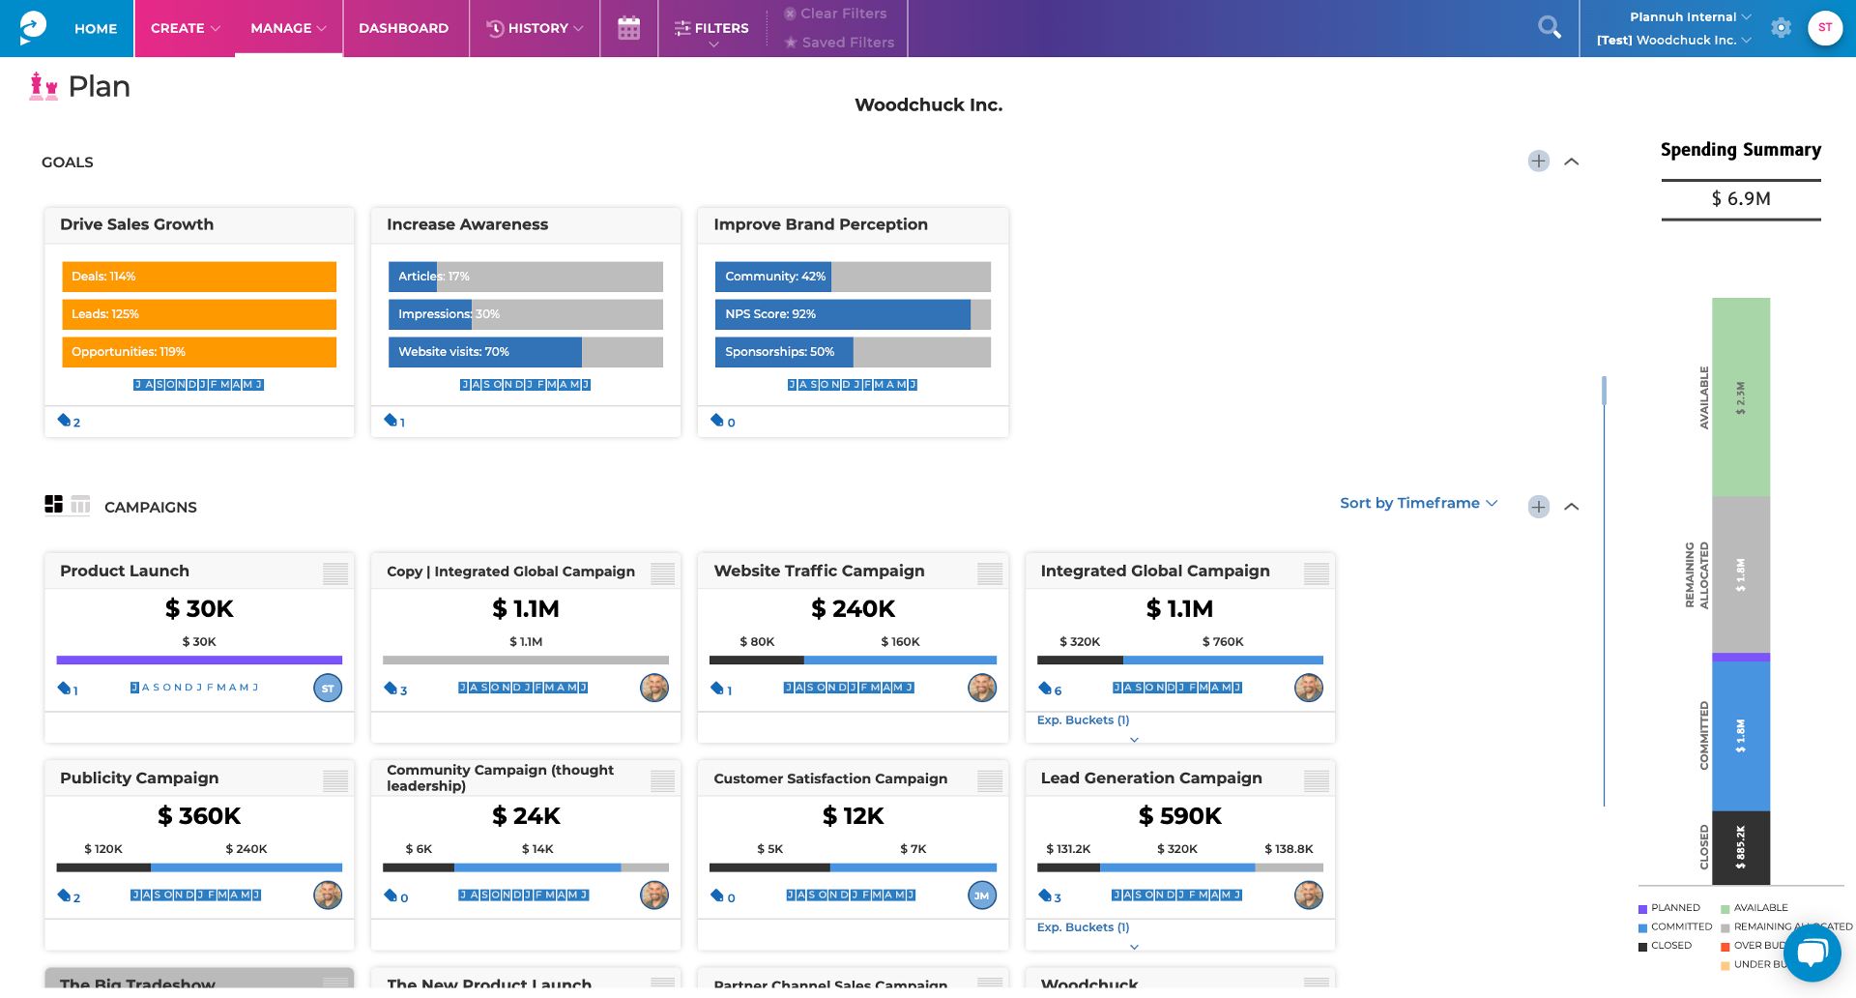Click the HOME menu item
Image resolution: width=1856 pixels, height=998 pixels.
pyautogui.click(x=95, y=28)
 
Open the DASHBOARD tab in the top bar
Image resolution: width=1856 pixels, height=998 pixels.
pyautogui.click(x=403, y=28)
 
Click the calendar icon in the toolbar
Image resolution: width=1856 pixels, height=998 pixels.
pyautogui.click(x=628, y=28)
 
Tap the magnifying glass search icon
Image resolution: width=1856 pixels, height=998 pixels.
pyautogui.click(x=1549, y=28)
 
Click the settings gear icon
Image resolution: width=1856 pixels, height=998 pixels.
pyautogui.click(x=1781, y=28)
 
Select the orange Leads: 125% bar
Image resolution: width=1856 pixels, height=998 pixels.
pyautogui.click(x=199, y=314)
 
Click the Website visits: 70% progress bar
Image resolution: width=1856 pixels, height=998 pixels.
pyautogui.click(x=525, y=352)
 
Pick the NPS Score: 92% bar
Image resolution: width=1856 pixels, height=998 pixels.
pyautogui.click(x=852, y=314)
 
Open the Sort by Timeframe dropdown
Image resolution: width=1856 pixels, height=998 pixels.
pyautogui.click(x=1418, y=503)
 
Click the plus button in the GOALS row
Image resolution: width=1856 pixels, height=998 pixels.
pyautogui.click(x=1538, y=161)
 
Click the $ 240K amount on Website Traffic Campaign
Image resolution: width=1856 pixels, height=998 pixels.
pyautogui.click(x=853, y=608)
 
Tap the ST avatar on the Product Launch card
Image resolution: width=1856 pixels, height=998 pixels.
pyautogui.click(x=328, y=689)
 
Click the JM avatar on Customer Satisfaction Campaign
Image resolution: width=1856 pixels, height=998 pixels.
pyautogui.click(x=981, y=895)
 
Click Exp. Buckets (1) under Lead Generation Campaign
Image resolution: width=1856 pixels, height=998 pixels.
pyautogui.click(x=1083, y=927)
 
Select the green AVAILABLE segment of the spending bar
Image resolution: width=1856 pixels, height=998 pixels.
pyautogui.click(x=1740, y=397)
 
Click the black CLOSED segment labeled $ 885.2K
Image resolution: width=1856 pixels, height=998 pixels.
pyautogui.click(x=1740, y=847)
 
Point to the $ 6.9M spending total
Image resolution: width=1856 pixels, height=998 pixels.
pyautogui.click(x=1740, y=199)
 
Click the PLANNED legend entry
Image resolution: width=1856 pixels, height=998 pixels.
pyautogui.click(x=1674, y=908)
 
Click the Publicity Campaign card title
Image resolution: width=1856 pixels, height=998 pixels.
pyautogui.click(x=139, y=778)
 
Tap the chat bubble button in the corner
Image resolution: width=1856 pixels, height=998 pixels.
pyautogui.click(x=1812, y=953)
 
